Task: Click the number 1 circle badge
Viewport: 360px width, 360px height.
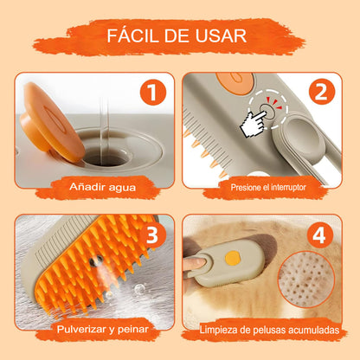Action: coord(153,93)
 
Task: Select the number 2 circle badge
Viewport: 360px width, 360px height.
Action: coord(322,92)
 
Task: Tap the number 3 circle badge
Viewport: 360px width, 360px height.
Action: coord(152,235)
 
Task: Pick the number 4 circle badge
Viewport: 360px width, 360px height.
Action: coord(320,235)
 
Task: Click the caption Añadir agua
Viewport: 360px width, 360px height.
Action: coord(102,187)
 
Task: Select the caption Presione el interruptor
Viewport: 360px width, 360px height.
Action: coord(268,188)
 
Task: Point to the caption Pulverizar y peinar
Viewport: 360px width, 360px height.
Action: coord(103,330)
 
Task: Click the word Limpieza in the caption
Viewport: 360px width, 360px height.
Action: coord(220,330)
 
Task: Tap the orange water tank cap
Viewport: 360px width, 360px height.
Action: coord(51,122)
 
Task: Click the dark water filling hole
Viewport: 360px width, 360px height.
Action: coord(106,157)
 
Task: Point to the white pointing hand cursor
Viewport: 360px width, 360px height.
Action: coord(254,124)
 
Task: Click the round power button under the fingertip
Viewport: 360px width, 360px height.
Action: coord(267,110)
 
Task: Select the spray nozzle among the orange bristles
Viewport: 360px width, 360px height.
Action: coord(96,261)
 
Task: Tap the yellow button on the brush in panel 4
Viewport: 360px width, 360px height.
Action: coord(233,258)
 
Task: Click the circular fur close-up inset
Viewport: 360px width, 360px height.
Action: coord(306,280)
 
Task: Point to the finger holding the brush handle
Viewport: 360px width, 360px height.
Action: coord(195,263)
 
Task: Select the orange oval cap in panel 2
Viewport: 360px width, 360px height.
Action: coord(235,83)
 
